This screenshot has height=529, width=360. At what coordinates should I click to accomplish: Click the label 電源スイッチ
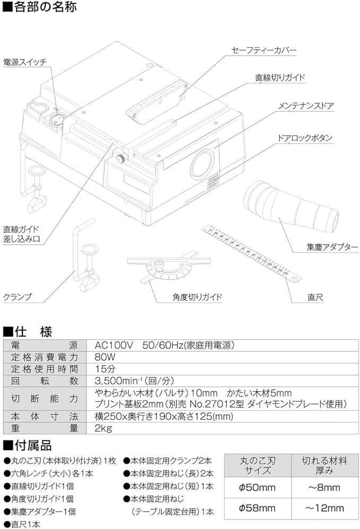coord(25,62)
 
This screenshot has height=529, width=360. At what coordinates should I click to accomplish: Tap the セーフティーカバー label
coord(263,51)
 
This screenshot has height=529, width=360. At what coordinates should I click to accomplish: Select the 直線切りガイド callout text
coord(280,77)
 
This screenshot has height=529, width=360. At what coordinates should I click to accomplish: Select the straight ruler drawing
coord(252,252)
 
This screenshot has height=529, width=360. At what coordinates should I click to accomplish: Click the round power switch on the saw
coord(56,121)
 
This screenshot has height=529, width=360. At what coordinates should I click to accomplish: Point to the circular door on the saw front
coord(203,163)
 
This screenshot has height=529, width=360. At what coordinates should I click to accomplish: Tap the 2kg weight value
coord(103,428)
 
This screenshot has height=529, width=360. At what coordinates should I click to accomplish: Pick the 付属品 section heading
coord(33,444)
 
